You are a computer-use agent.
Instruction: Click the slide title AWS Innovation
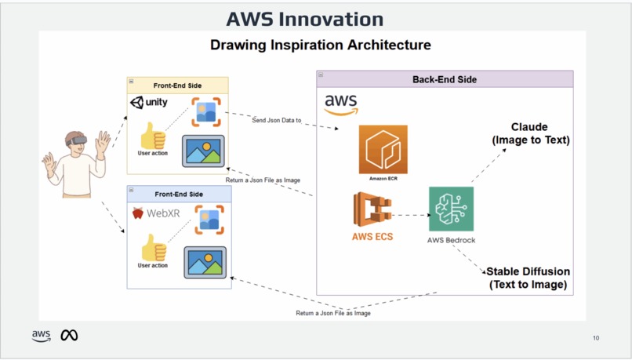[304, 19]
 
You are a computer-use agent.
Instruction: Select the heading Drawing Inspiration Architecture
[320, 45]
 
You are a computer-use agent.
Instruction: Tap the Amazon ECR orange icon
[383, 149]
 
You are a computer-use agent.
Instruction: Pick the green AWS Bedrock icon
[451, 209]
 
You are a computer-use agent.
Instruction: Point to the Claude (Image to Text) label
[530, 133]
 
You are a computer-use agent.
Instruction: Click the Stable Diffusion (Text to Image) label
[528, 278]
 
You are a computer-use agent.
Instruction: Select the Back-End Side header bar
[445, 79]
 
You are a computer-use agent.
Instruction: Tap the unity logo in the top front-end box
[149, 103]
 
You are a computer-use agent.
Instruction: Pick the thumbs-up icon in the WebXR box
[152, 248]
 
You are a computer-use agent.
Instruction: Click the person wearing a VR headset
[75, 163]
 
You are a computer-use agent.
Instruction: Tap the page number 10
[596, 338]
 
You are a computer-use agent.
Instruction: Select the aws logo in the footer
[41, 336]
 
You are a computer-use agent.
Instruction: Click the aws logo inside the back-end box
[341, 104]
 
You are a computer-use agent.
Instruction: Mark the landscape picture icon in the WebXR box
[205, 262]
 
